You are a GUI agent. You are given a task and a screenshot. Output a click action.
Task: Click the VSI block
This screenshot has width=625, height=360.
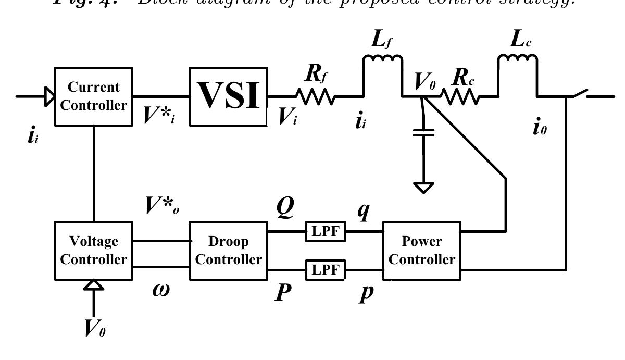pos(228,96)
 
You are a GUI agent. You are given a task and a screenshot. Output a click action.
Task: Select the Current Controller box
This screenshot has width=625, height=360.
pos(93,96)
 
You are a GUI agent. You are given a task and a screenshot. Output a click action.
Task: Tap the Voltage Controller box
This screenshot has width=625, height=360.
pos(93,251)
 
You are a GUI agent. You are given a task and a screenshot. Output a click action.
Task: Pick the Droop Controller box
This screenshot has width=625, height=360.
pos(228,251)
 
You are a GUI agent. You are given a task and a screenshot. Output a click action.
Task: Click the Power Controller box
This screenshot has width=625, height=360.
pos(422,251)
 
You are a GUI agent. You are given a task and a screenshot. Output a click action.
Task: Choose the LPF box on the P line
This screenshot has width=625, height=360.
pos(326,270)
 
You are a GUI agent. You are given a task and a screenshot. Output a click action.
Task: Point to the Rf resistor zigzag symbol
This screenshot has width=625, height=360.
pos(315,96)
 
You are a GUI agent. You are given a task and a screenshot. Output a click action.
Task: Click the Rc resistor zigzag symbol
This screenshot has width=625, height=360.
pos(460,96)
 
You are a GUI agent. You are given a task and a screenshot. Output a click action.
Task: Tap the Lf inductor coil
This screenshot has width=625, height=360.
pos(382,61)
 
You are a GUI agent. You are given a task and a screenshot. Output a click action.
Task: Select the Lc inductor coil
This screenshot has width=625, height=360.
pos(518,61)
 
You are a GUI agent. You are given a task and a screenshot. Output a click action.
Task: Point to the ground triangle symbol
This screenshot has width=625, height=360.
pos(423,187)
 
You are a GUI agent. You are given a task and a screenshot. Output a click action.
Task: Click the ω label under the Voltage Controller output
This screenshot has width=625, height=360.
pos(161,290)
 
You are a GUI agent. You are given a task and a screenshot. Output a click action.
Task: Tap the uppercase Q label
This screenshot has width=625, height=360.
pos(285,209)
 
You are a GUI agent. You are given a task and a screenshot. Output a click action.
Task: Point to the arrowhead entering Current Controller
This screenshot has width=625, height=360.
pos(49,96)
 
